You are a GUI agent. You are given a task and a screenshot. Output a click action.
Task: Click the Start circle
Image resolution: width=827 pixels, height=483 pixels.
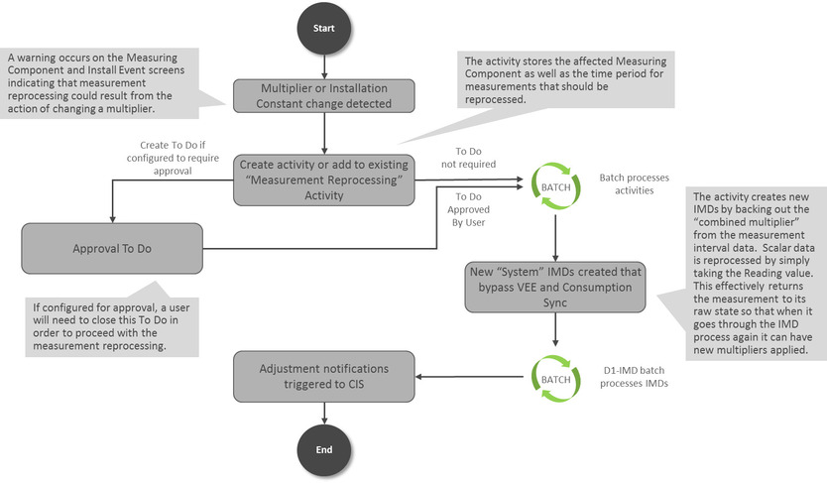[324, 30]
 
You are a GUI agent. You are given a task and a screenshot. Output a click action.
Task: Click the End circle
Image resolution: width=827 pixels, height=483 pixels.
[324, 448]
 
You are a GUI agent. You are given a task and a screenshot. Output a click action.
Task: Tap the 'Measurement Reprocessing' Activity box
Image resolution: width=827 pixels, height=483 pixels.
[323, 180]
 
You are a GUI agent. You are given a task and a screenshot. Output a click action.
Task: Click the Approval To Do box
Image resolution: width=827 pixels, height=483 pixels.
[112, 248]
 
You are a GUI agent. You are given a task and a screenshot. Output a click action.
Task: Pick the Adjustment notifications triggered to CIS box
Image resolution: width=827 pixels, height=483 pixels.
[324, 376]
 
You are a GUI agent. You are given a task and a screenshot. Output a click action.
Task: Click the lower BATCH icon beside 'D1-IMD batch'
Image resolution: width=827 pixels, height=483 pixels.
[554, 377]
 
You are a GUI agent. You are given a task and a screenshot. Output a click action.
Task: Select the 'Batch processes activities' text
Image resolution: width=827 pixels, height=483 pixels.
[635, 183]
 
